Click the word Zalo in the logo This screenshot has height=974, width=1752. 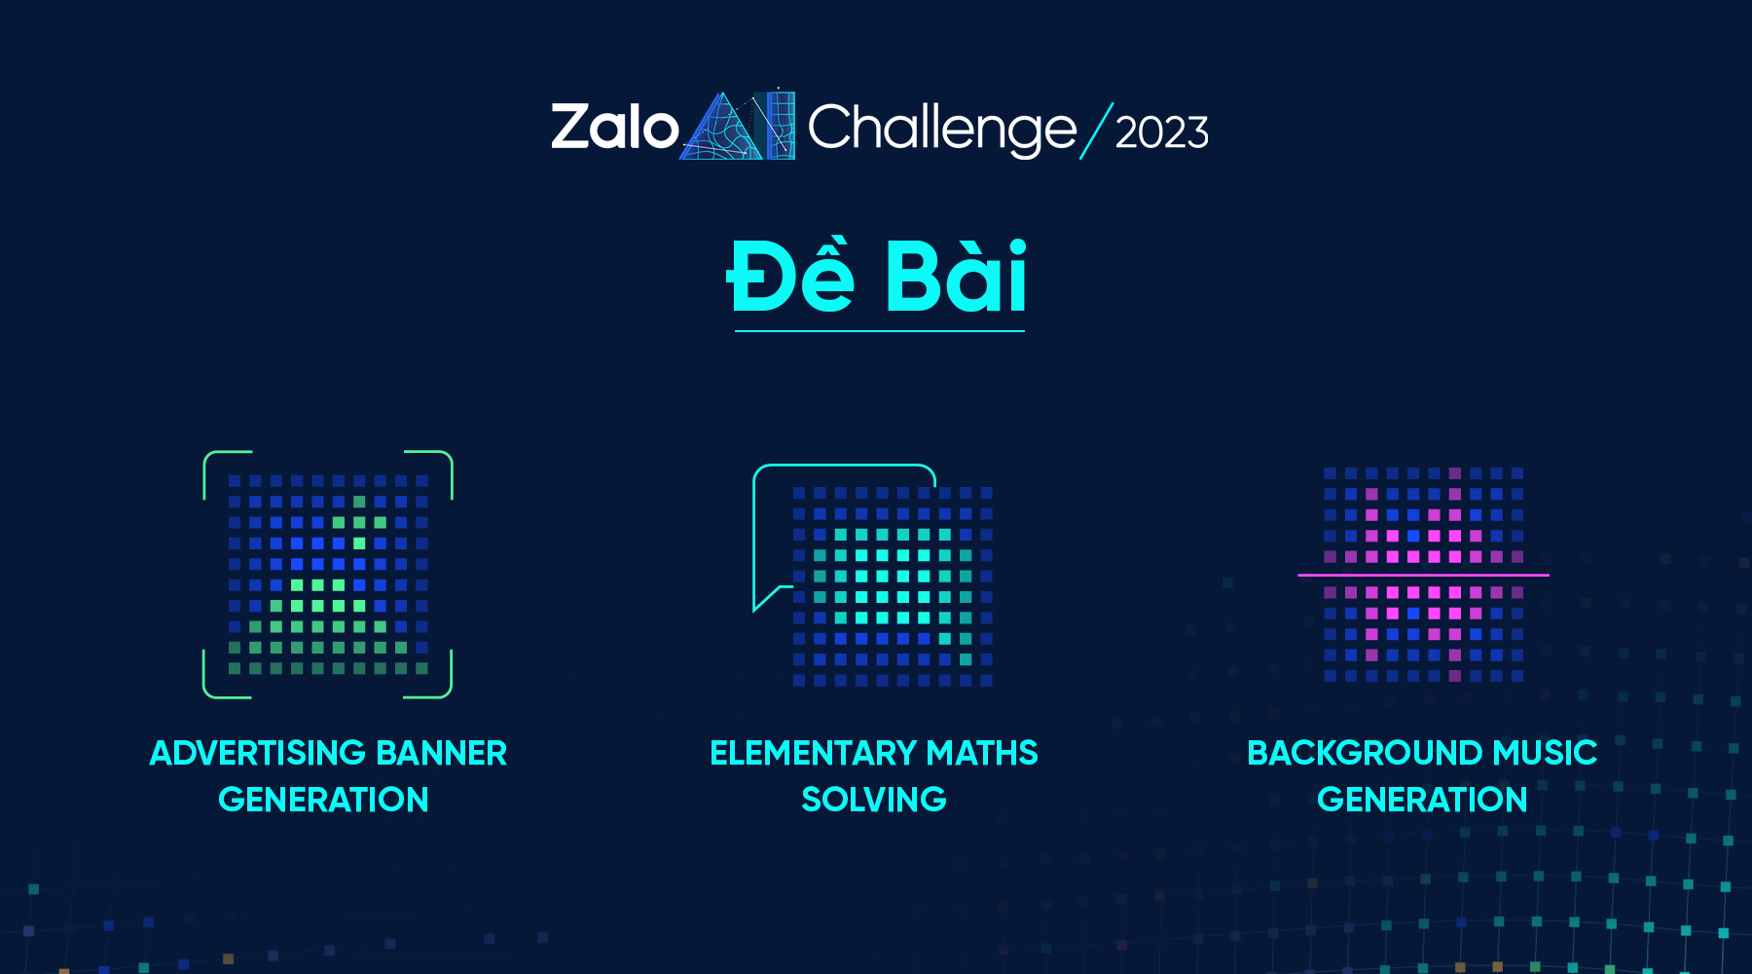614,129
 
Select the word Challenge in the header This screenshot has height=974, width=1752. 941,130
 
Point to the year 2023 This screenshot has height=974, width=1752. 1161,132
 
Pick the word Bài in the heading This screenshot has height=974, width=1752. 955,278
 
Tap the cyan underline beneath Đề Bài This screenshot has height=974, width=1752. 879,331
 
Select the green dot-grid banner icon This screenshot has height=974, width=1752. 328,575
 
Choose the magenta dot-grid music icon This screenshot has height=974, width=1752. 1423,575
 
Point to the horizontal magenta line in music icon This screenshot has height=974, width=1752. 1423,575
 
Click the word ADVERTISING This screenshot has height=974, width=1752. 257,753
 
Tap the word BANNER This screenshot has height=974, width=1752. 441,753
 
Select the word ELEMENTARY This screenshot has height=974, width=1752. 813,753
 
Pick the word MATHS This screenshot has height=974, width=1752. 981,753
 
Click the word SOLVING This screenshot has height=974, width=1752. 873,800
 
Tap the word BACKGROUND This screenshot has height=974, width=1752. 1365,753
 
